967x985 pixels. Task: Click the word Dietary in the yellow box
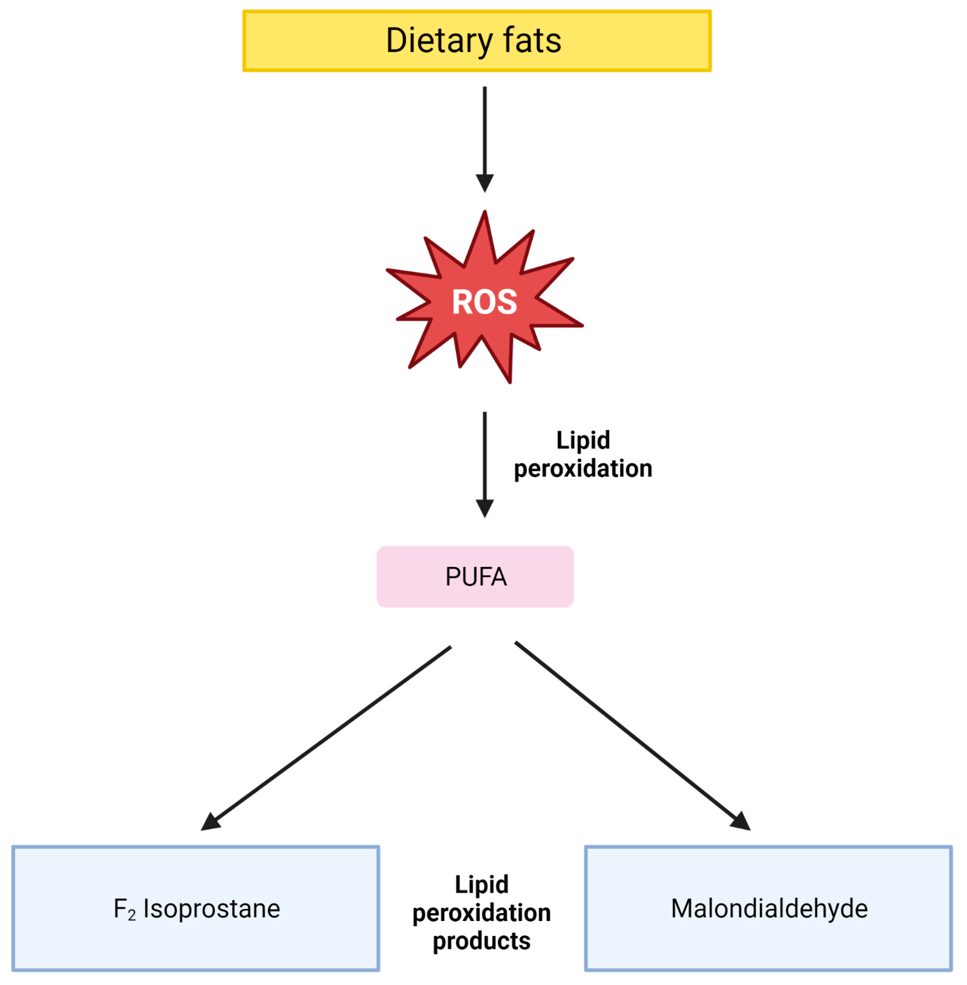(438, 41)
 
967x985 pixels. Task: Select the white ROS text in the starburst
(485, 302)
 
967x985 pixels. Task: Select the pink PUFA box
(475, 577)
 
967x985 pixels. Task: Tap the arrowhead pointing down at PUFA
(485, 508)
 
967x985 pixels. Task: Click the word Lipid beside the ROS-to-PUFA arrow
(583, 440)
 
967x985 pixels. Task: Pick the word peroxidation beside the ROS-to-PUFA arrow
(583, 468)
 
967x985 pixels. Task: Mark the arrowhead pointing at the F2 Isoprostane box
(210, 822)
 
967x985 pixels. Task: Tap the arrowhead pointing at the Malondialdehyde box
(741, 822)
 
